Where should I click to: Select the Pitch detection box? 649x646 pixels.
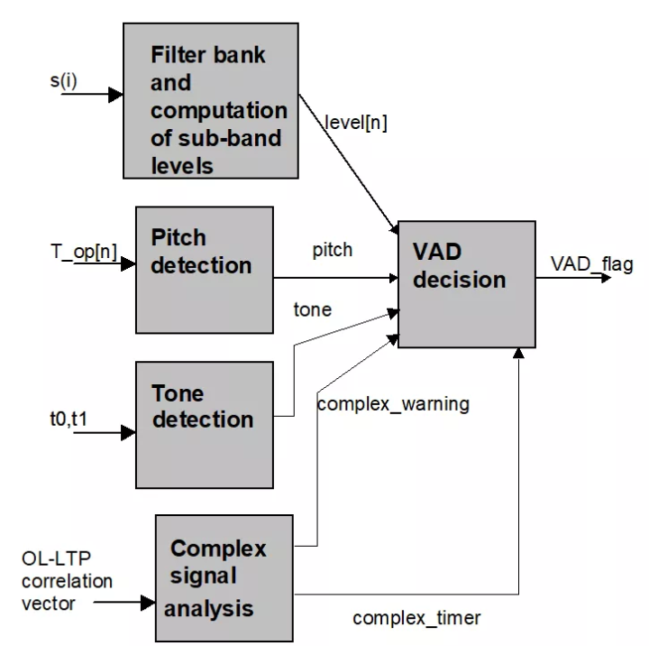coord(205,270)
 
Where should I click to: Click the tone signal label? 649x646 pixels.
coord(312,309)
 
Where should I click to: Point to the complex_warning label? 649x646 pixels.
coord(393,403)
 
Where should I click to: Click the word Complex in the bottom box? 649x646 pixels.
coord(218,548)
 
